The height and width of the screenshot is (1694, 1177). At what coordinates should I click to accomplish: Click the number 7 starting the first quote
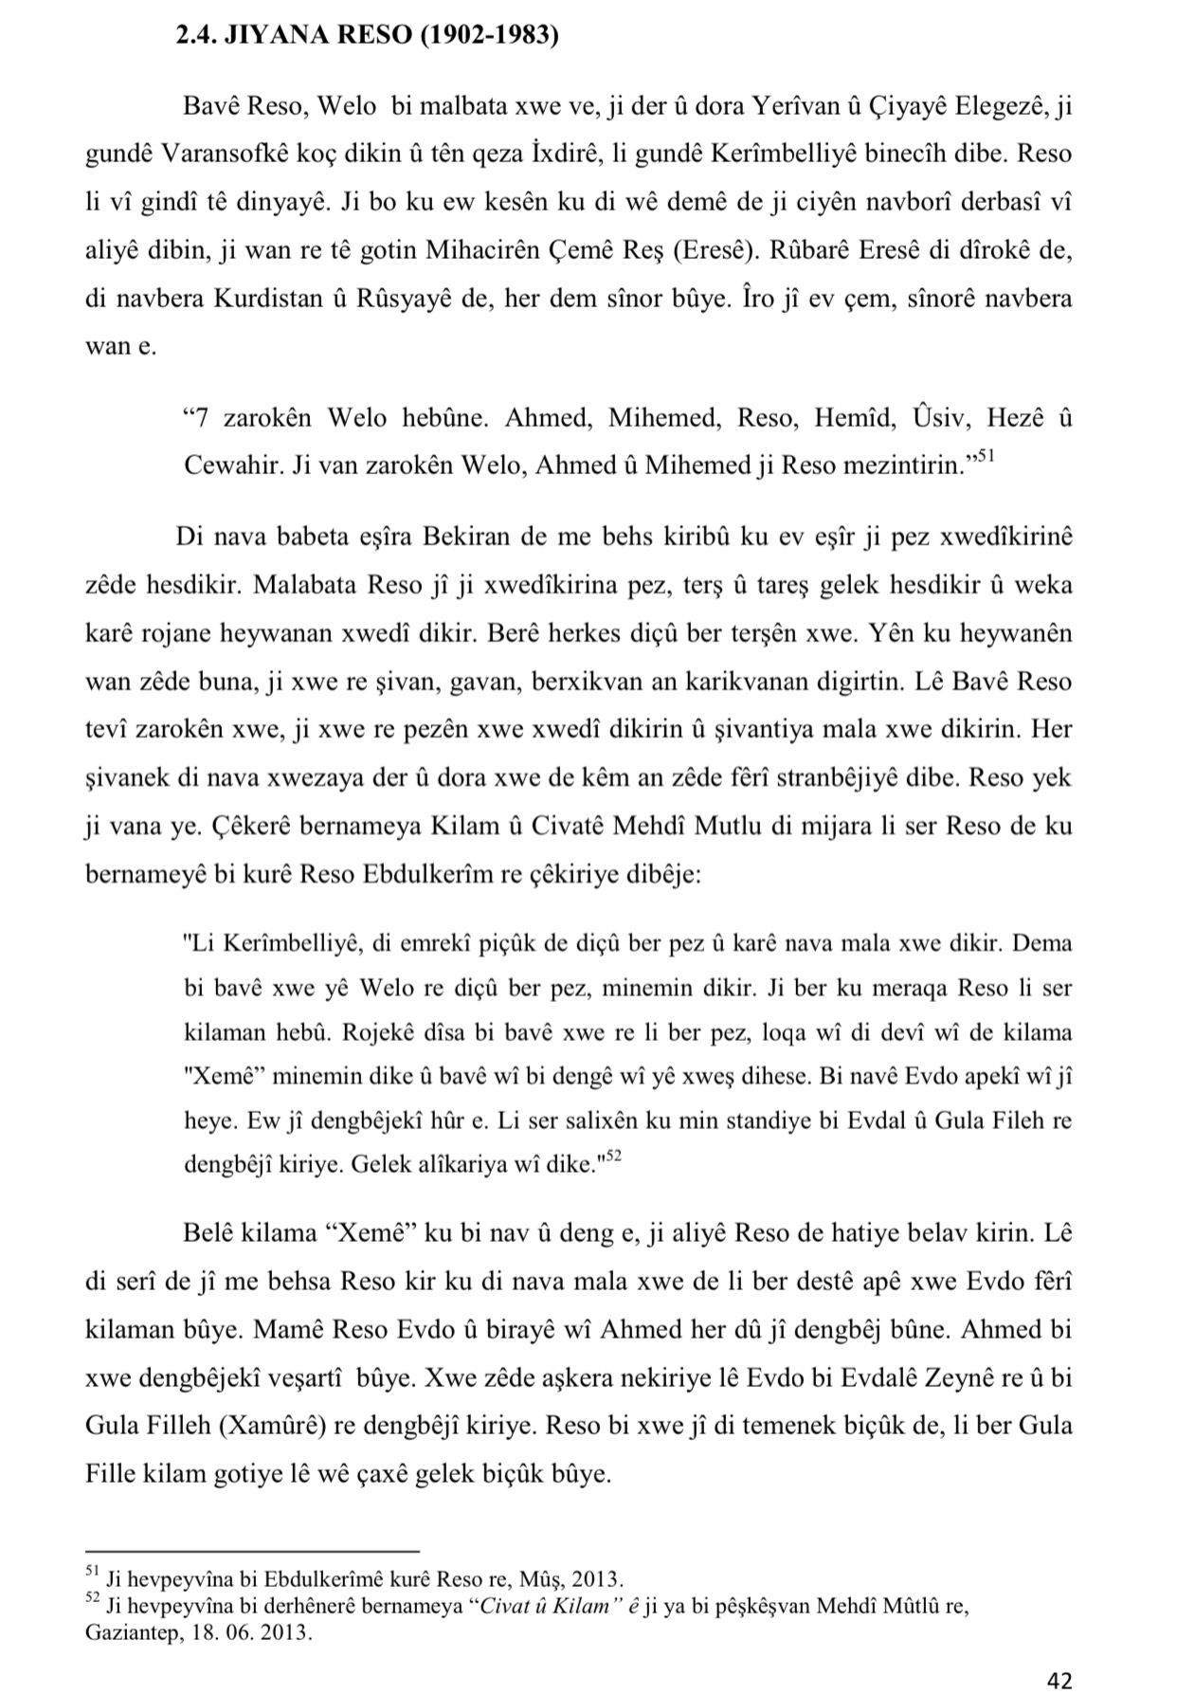coord(200,417)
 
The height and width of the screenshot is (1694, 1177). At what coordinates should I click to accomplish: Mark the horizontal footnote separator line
coord(251,1551)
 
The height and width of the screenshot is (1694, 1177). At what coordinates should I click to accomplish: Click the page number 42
coord(1059,1680)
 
